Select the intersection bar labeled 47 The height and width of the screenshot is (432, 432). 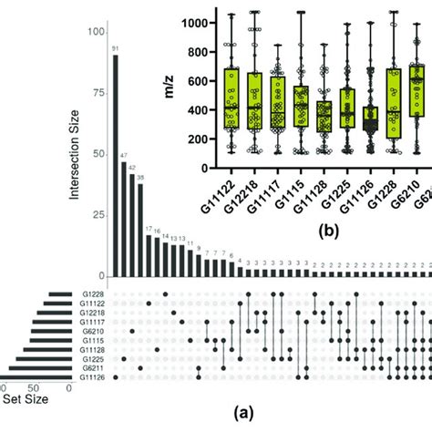pyautogui.click(x=124, y=220)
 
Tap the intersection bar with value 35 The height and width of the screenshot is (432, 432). pyautogui.click(x=140, y=233)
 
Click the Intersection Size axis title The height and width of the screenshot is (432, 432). pyautogui.click(x=71, y=155)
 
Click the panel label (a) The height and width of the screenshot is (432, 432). pyautogui.click(x=244, y=413)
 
